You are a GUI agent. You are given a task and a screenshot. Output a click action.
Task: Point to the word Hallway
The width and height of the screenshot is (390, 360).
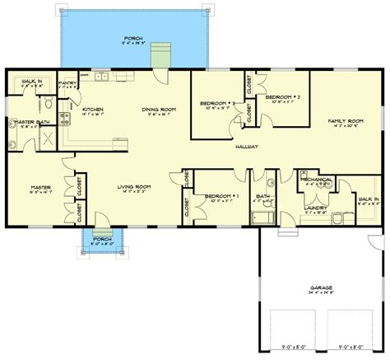click(245, 146)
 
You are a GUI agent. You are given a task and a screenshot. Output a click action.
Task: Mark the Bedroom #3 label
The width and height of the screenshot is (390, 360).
click(218, 103)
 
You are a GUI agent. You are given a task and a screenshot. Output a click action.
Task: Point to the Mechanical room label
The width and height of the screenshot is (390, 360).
click(317, 179)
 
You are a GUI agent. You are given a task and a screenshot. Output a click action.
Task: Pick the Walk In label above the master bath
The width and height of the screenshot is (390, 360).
click(32, 81)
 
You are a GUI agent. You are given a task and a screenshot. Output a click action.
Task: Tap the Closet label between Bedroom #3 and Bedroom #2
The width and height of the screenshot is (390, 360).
click(249, 84)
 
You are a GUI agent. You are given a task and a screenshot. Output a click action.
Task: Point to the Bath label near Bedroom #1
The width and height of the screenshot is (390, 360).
click(262, 197)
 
